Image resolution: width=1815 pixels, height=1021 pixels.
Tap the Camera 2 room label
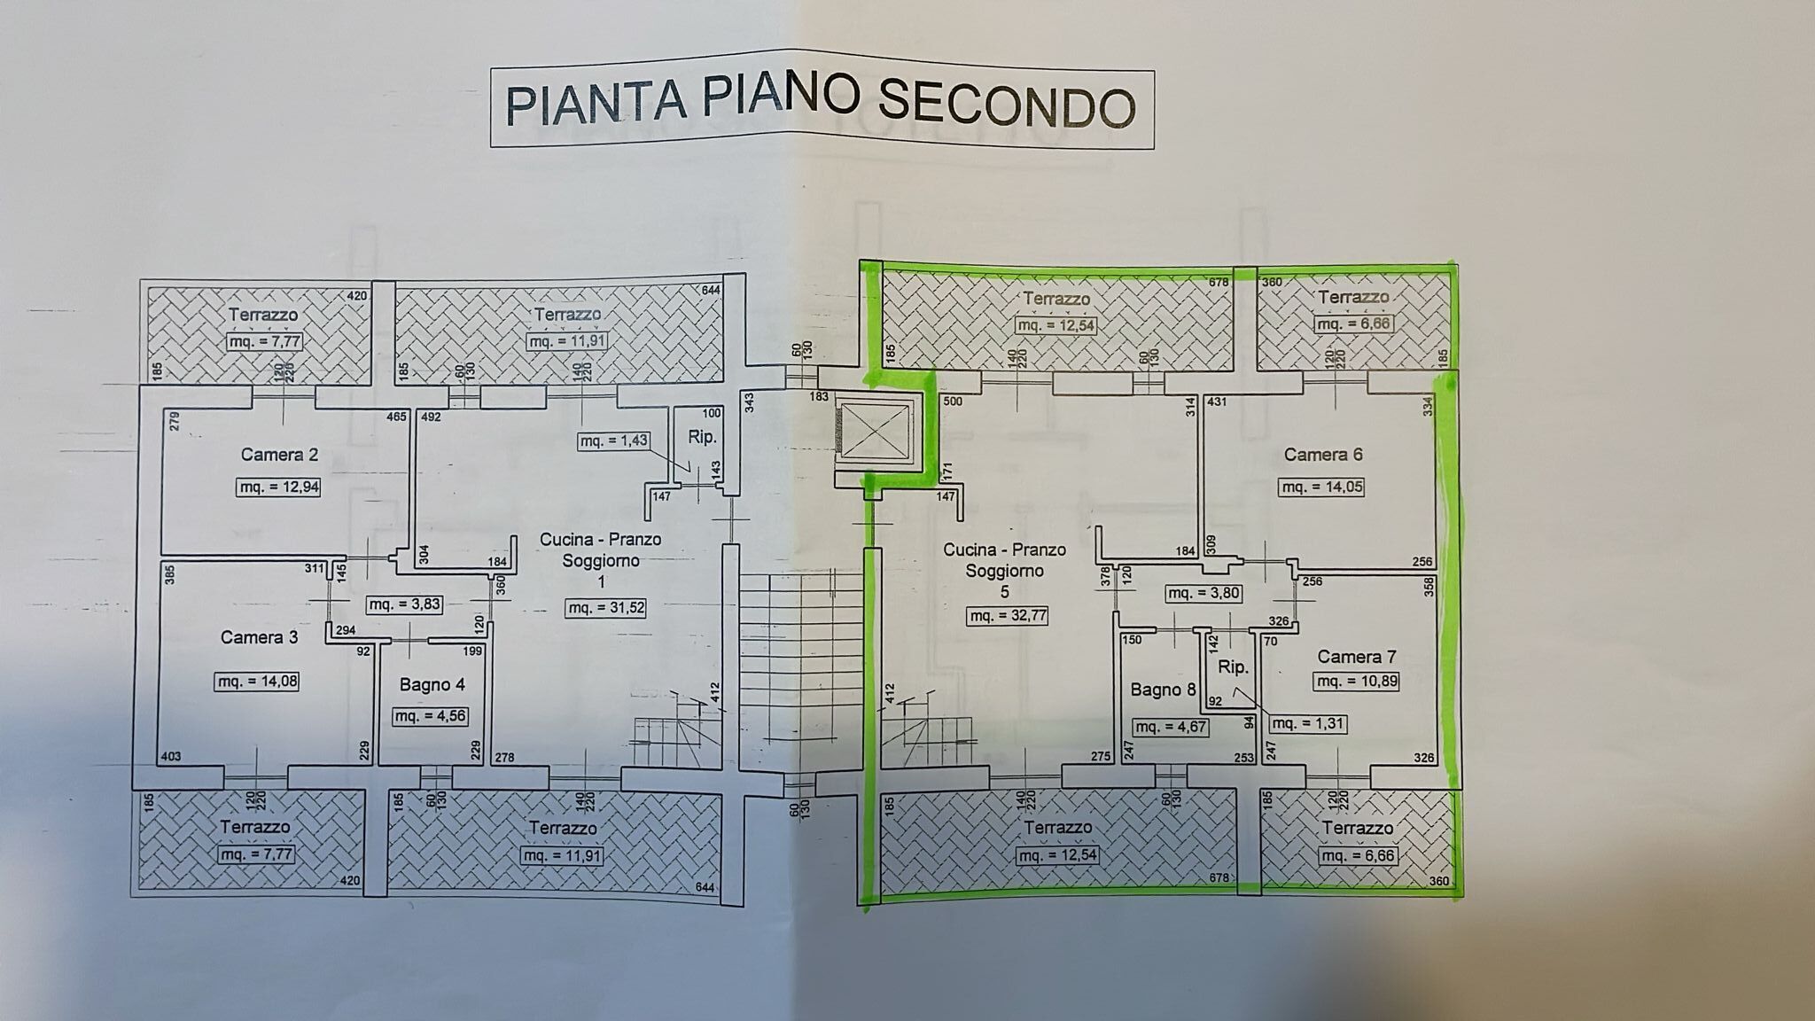pyautogui.click(x=279, y=455)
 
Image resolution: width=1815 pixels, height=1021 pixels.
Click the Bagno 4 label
pyautogui.click(x=432, y=684)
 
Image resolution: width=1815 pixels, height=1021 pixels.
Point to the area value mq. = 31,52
pyautogui.click(x=605, y=608)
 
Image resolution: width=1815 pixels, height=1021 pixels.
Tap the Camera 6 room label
pyautogui.click(x=1323, y=455)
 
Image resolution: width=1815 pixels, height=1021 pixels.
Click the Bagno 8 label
pyautogui.click(x=1163, y=690)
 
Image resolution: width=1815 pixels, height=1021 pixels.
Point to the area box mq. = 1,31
pyautogui.click(x=1308, y=723)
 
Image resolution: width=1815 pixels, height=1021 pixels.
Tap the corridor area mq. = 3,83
pyautogui.click(x=404, y=604)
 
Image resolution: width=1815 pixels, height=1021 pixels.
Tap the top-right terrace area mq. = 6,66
pyautogui.click(x=1354, y=323)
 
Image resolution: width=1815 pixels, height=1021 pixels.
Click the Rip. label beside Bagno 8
pyautogui.click(x=1233, y=667)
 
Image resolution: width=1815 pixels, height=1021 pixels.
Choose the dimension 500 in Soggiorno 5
pyautogui.click(x=953, y=401)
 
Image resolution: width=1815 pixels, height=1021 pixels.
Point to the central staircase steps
pyautogui.click(x=799, y=656)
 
